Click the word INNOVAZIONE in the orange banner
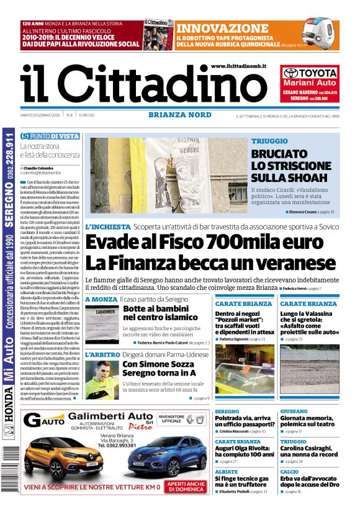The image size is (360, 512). click(x=222, y=29)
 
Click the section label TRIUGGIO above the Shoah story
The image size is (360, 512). click(x=269, y=141)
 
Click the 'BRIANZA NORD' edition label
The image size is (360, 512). click(x=174, y=114)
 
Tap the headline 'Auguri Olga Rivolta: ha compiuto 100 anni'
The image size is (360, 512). click(x=244, y=451)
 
